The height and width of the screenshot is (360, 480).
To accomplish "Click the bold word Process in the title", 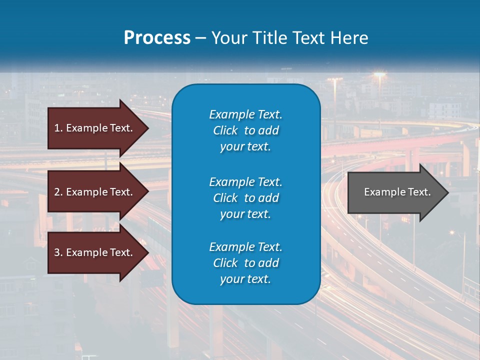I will click(x=157, y=38).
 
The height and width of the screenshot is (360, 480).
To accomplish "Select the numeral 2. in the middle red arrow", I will click(x=58, y=192).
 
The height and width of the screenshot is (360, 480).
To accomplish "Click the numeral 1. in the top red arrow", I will click(x=58, y=128).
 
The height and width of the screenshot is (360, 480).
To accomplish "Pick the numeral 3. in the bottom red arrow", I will click(x=58, y=252).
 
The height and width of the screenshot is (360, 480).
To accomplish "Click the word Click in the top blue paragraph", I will click(x=225, y=130).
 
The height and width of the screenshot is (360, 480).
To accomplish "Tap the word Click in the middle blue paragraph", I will click(x=225, y=198).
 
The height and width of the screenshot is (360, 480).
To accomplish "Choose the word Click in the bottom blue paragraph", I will click(x=225, y=263).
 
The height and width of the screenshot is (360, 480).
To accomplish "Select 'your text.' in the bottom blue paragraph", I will click(x=245, y=279).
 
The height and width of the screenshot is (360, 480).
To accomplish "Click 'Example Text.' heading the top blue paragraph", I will click(x=245, y=114).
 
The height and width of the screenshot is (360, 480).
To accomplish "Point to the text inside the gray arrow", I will click(x=397, y=192).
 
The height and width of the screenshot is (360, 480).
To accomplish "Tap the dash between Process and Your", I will click(x=201, y=38).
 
